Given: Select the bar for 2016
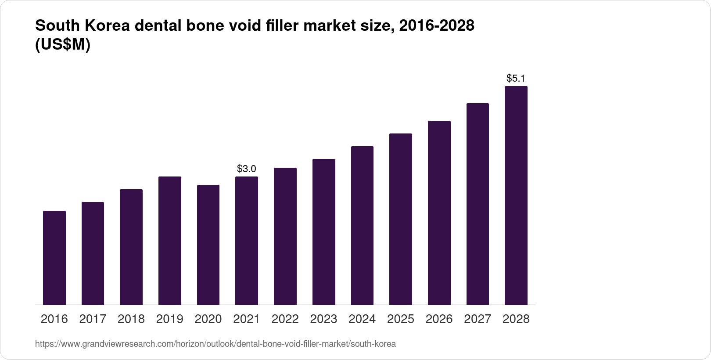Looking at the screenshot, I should coord(54,258).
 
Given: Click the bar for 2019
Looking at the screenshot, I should coord(170,241).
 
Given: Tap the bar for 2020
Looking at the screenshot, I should coord(208,245).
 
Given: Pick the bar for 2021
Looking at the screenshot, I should coord(247,241).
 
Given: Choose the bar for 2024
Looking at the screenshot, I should coord(362,225).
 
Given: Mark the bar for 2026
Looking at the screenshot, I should coord(439,212).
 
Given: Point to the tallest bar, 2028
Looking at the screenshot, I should coord(516,195).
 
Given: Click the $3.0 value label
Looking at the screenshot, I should coord(247,169).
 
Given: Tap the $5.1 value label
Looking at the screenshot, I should coord(516,79).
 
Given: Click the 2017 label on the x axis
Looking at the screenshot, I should coord(93,319).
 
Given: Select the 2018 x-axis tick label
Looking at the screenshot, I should coord(131,319).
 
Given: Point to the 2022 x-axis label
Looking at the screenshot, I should coord(285,319).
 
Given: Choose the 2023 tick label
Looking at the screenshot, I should coord(323,319).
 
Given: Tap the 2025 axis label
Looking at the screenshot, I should coord(401,319).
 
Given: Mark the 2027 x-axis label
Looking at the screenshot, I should coord(478,319).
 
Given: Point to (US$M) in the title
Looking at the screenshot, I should coord(62,45).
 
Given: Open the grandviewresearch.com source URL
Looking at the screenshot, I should coord(215,344).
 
